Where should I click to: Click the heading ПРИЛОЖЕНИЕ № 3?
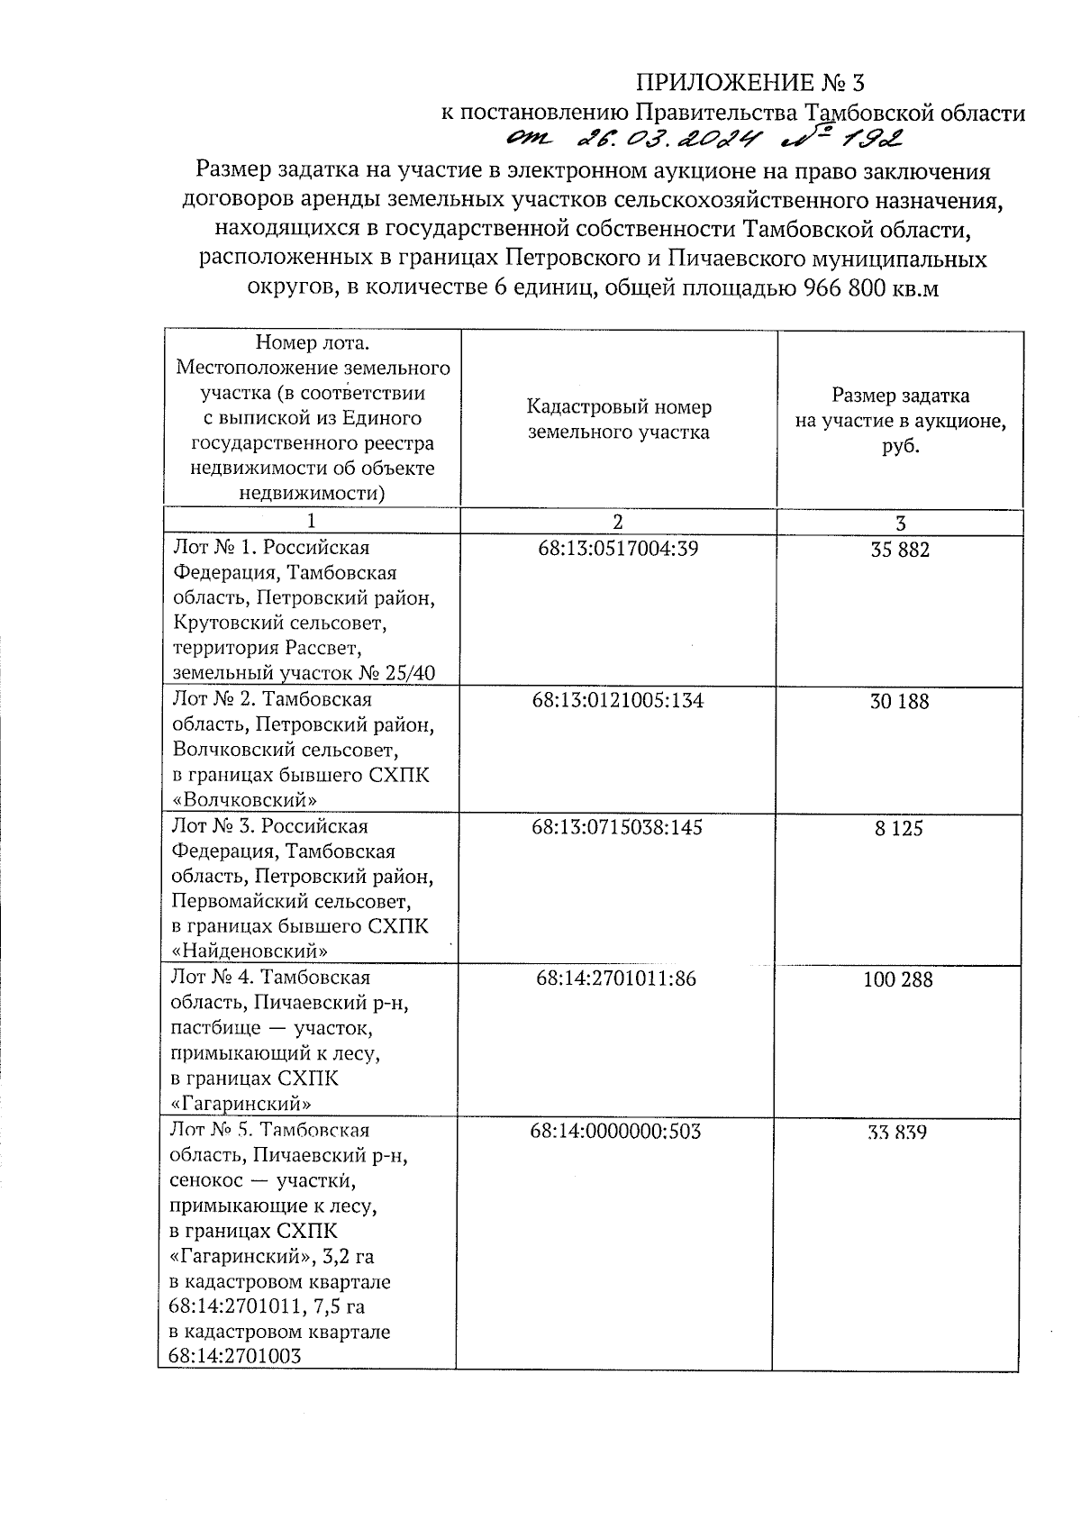[x=749, y=84]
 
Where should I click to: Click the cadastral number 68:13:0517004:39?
[x=616, y=549]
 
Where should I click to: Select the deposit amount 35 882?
[x=900, y=550]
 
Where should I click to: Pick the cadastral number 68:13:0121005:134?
[x=617, y=701]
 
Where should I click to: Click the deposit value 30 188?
[x=899, y=702]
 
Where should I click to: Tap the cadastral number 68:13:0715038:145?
[x=617, y=827]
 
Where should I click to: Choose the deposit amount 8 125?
[x=899, y=828]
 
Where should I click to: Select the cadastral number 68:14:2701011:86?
[x=616, y=978]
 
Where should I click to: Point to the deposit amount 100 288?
[x=898, y=979]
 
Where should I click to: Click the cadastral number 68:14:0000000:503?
[x=616, y=1131]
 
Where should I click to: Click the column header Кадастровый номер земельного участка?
[x=618, y=420]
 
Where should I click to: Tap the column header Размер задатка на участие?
[x=900, y=420]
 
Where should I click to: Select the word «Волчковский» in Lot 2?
[x=243, y=799]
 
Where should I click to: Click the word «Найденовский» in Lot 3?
[x=249, y=951]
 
